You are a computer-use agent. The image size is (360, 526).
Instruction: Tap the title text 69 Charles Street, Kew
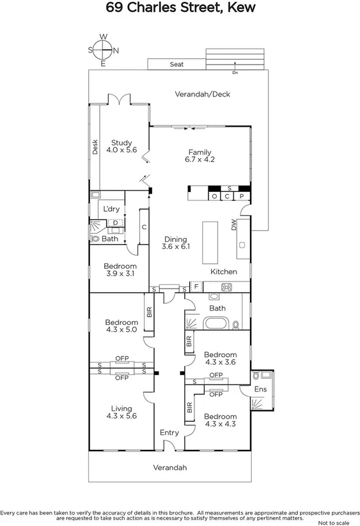click(180, 8)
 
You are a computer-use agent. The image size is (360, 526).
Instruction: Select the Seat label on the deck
click(176, 65)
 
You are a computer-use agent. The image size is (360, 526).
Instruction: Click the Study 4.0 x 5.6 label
click(121, 147)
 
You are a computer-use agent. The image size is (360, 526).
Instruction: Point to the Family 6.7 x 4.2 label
click(200, 155)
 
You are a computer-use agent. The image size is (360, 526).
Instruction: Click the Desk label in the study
click(95, 147)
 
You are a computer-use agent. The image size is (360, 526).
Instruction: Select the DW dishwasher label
click(235, 224)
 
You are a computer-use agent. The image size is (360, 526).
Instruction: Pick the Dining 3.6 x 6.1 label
click(176, 241)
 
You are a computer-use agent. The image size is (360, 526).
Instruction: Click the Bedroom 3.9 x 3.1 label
click(120, 270)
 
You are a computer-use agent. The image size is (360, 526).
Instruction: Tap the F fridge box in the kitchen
click(196, 286)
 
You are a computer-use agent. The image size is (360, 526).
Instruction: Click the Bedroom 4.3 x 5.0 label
click(121, 326)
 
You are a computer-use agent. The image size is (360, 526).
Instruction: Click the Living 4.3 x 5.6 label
click(121, 412)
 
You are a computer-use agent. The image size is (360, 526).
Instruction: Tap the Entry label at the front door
click(169, 433)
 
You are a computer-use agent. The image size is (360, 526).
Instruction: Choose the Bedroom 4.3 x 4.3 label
click(221, 420)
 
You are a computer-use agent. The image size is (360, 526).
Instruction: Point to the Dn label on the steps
click(235, 72)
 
